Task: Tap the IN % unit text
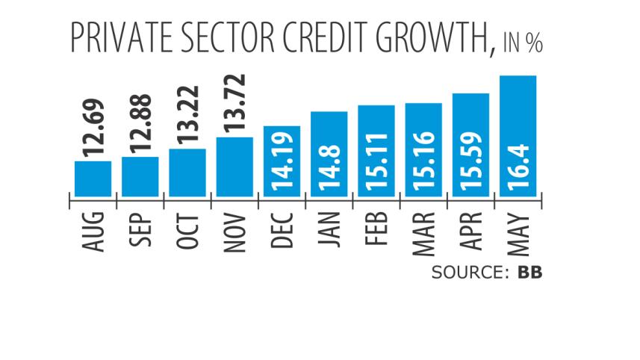521,43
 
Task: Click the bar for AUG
93,179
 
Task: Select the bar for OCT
187,173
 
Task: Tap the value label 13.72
235,104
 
